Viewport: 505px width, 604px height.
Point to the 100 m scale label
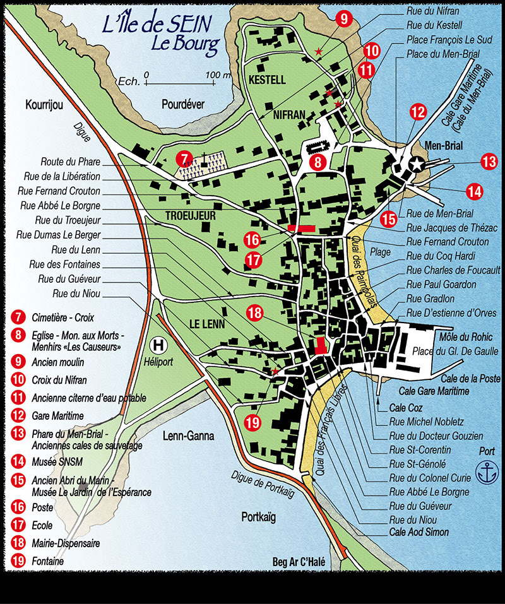tap(216, 74)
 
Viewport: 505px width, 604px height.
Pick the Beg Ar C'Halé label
tap(298, 561)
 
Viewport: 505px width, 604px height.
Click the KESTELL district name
tap(267, 80)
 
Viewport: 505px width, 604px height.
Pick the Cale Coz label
tap(406, 407)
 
